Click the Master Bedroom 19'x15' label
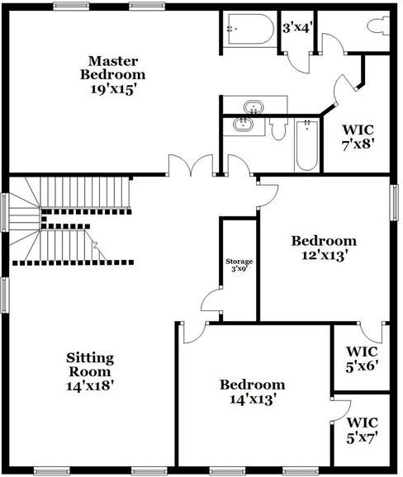[112, 75]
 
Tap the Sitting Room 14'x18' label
[90, 371]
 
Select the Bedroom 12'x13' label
[325, 248]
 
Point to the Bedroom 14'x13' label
[253, 392]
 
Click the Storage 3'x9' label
[239, 265]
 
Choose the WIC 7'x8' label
[358, 137]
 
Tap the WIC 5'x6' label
[363, 359]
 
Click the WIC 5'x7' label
[363, 430]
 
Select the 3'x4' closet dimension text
[296, 28]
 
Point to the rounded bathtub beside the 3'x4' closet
[249, 29]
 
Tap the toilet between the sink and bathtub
[278, 129]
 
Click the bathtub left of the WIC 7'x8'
[307, 144]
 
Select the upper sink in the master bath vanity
[254, 107]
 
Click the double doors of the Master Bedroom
[191, 165]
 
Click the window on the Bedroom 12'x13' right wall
[395, 202]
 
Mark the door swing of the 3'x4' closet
[298, 63]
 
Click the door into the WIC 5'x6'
[371, 333]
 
